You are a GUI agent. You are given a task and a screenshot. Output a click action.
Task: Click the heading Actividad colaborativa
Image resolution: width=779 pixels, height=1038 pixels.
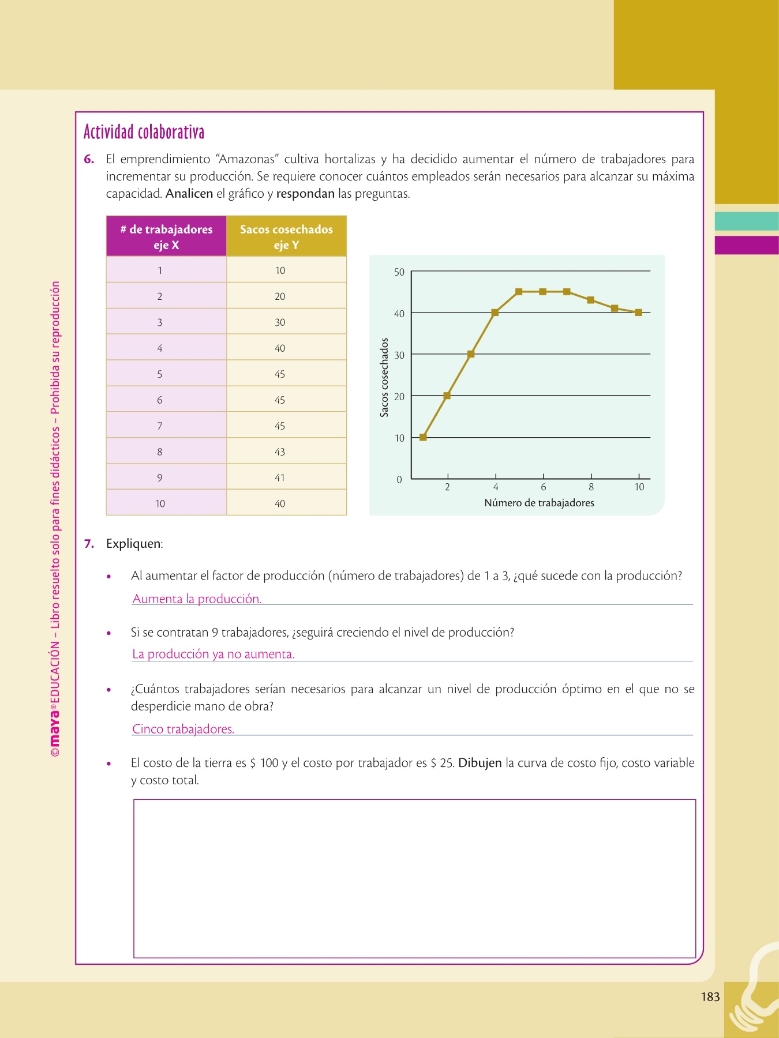[x=144, y=132]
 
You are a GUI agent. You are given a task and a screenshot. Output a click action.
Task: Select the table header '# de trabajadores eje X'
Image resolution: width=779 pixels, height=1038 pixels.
[x=166, y=236]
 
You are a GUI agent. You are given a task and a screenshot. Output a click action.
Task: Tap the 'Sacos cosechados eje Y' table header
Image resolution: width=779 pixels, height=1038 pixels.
[x=286, y=236]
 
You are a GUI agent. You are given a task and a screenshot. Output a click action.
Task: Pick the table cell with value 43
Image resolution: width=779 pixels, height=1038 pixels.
[x=280, y=452]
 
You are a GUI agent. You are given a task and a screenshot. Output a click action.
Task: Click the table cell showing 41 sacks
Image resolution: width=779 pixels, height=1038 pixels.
[x=280, y=477]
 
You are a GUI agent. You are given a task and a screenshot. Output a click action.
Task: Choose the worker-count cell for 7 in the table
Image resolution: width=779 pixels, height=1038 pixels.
[x=160, y=426]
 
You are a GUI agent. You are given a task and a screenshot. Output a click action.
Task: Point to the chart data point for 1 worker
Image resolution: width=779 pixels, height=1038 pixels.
[x=423, y=437]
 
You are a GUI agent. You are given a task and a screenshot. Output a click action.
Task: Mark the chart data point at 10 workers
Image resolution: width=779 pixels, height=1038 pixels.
[x=639, y=313]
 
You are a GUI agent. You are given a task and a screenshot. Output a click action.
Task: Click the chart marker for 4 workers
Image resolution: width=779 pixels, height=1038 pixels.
[x=495, y=313]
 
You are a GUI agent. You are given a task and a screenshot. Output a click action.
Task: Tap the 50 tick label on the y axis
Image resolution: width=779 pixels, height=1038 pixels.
[x=399, y=272]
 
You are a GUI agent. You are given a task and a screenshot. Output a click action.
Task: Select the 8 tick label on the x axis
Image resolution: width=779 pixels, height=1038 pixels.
[x=591, y=487]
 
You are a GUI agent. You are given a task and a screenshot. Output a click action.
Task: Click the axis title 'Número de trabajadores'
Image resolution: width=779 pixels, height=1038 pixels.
[x=539, y=503]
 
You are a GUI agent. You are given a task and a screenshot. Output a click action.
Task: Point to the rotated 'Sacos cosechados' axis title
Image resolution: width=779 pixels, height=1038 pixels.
[x=384, y=378]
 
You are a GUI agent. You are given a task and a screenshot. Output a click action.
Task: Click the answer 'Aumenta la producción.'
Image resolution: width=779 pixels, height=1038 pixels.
[x=197, y=599]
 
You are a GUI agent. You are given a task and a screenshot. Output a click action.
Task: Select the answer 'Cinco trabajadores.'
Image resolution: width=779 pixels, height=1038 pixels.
[x=183, y=729]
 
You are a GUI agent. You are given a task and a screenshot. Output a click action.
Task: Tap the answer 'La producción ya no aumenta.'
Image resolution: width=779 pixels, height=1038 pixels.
[x=213, y=654]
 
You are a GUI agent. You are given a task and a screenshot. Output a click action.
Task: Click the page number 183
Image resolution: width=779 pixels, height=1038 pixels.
[x=710, y=996]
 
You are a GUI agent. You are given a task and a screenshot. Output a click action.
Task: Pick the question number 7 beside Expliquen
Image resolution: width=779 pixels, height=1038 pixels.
[x=89, y=544]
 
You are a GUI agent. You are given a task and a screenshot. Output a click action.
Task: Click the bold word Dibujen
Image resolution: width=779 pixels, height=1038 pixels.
[x=480, y=763]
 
